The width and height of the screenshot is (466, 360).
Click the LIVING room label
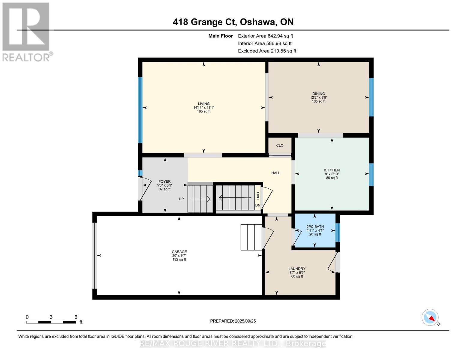coord(203,103)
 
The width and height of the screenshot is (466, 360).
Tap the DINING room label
coord(318,94)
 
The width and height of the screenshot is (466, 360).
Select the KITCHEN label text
coord(332,170)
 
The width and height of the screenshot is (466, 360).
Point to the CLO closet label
coord(280,145)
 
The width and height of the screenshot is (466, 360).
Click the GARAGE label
coord(179,252)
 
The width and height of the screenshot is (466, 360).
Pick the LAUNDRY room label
coord(297,269)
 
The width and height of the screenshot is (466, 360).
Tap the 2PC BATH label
coord(315,226)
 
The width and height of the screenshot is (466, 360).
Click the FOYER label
coord(164,181)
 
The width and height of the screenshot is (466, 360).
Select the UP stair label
coord(181,199)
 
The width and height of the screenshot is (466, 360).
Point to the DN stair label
coord(257,205)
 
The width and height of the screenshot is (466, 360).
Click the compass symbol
coord(430,317)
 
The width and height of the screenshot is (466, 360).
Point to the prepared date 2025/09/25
coord(245,321)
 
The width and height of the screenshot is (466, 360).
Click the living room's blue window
coord(140,110)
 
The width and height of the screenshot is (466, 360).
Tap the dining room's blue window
coord(371,97)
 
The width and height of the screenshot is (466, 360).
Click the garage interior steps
coord(251,237)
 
